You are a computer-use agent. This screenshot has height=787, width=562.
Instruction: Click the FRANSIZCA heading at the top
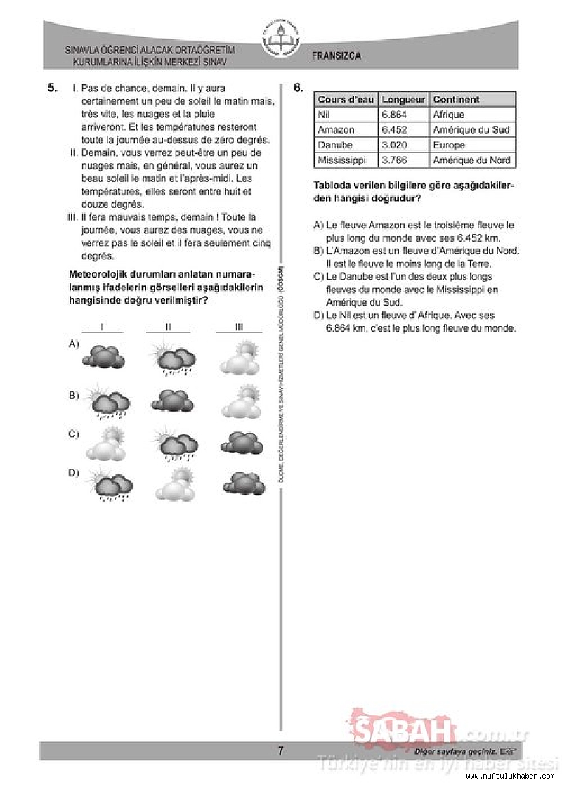(336, 56)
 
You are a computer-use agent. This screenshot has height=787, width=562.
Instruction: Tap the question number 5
(52, 88)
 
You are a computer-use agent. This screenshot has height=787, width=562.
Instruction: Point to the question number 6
(299, 88)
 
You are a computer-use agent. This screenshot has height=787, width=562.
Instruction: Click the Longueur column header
(403, 100)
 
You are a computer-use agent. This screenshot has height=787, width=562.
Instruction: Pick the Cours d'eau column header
(346, 100)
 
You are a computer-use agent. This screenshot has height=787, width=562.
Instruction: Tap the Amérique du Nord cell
(471, 160)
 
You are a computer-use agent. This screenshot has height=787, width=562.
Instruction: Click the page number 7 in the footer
(280, 751)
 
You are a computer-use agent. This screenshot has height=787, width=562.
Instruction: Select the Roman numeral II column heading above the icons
(169, 327)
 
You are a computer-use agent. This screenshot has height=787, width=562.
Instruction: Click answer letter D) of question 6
(318, 316)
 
